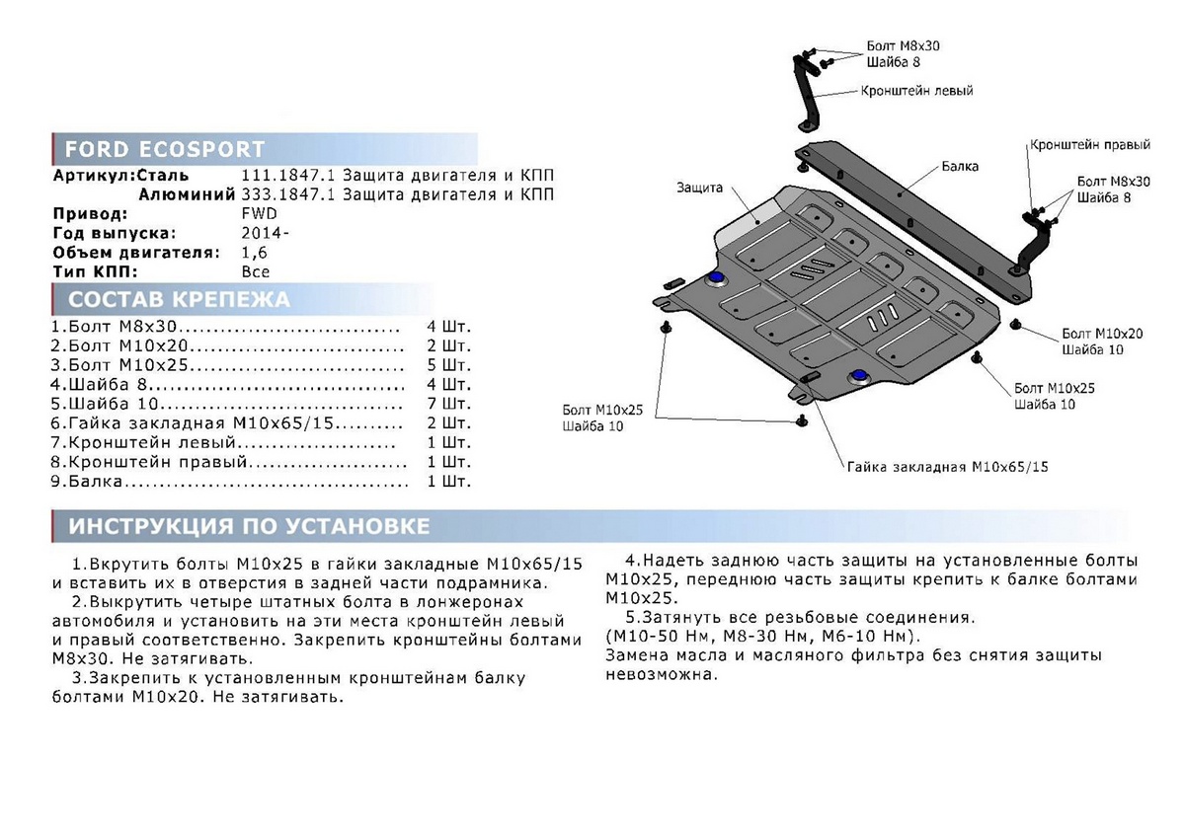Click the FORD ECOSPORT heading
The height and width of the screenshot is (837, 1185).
165,150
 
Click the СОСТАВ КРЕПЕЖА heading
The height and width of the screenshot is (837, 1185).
178,300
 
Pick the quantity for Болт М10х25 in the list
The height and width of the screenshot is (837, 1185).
449,365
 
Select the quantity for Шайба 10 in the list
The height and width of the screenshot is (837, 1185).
449,405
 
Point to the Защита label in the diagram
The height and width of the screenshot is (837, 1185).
700,188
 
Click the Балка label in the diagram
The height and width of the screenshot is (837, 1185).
960,167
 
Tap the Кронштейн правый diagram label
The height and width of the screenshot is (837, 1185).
1089,145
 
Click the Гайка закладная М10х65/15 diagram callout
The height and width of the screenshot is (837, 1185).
946,466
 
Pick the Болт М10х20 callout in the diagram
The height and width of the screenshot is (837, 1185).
1102,335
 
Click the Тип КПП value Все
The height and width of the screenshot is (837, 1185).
255,271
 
